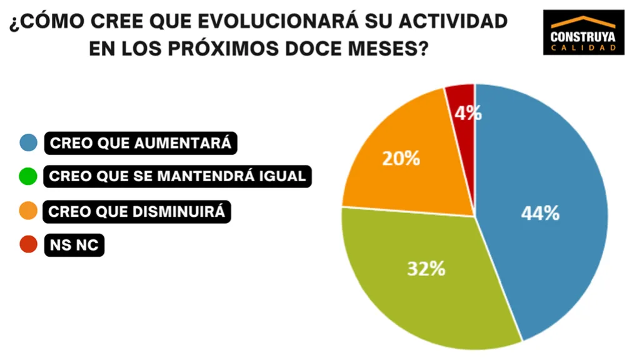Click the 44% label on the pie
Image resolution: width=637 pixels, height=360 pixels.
click(x=540, y=213)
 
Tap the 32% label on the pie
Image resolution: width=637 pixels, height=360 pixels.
click(x=426, y=269)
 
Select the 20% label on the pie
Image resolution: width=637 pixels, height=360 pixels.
click(x=401, y=159)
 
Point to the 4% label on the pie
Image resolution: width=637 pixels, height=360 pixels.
click(x=468, y=113)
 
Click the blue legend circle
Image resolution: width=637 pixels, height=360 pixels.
click(x=29, y=142)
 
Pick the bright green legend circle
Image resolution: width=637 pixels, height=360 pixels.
click(x=29, y=176)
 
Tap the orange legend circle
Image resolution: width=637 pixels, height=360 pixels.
click(x=29, y=211)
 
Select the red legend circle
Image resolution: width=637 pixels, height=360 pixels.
click(x=29, y=245)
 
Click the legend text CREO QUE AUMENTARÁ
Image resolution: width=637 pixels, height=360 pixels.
click(x=141, y=143)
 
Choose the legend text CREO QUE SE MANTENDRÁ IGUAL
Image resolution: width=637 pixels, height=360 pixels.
click(x=178, y=177)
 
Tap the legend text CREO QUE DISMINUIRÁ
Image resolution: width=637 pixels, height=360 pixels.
click(x=137, y=211)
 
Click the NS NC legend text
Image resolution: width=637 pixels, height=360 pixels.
click(x=74, y=245)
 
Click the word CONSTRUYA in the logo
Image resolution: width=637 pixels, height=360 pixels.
click(x=583, y=37)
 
